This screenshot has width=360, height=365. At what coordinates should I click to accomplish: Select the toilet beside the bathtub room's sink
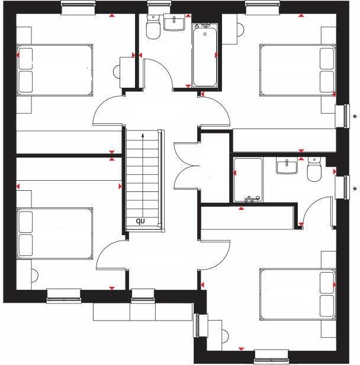pos(153,27)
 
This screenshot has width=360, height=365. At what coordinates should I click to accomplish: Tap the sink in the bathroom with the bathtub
pos(174,23)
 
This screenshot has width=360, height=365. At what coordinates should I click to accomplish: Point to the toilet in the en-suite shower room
pos(314,170)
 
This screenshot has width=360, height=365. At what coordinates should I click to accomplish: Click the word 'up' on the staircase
pos(141,222)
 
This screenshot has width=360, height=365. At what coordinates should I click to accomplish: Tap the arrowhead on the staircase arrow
pos(143,136)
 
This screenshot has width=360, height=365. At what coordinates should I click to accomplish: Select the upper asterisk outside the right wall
pos(354,116)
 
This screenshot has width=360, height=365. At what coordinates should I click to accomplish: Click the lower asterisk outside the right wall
pos(354,190)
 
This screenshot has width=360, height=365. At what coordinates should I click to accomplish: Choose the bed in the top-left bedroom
pos(54,69)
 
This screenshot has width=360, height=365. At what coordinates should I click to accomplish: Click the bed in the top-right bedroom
pos(298,69)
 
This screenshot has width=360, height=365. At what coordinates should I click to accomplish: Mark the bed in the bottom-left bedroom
pos(54,233)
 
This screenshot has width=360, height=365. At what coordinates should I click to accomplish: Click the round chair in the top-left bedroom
pos(121,68)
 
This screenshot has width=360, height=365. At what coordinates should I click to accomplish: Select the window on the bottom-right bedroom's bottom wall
pos(272,356)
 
